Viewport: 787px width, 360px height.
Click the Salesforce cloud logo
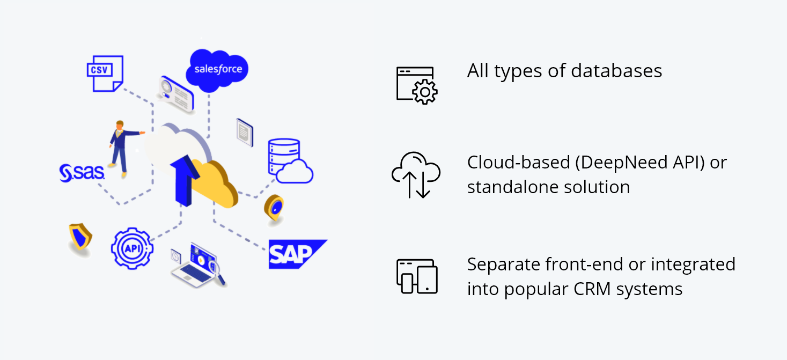click(217, 69)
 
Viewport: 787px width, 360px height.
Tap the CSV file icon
click(105, 73)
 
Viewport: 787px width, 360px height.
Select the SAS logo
click(82, 173)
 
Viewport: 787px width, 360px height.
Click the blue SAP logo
click(296, 254)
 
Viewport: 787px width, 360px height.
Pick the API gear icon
click(131, 248)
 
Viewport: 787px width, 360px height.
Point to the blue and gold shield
click(80, 237)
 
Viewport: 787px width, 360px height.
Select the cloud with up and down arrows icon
click(416, 174)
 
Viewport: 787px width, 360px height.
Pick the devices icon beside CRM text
click(417, 276)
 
